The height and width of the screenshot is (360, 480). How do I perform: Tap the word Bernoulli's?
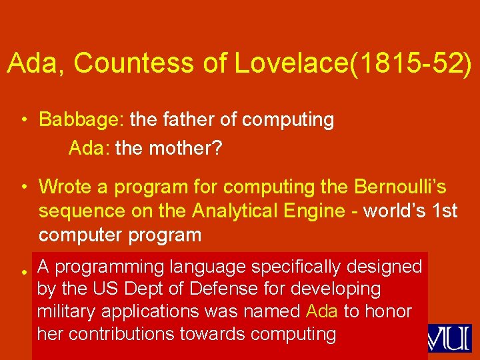tap(400, 188)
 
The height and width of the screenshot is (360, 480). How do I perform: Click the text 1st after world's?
tap(445, 211)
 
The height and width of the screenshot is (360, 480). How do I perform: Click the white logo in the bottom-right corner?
tap(450, 338)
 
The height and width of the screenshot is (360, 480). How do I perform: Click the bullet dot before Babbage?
tap(23, 121)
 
